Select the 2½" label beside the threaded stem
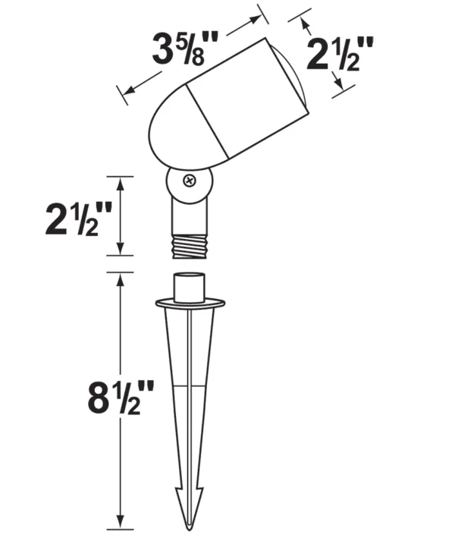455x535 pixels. (79, 219)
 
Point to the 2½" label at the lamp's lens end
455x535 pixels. (340, 54)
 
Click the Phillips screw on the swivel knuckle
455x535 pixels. (190, 181)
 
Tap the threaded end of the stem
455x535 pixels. (190, 247)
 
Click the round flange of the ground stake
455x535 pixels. (190, 303)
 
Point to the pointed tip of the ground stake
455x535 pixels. (190, 528)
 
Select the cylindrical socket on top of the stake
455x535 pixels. (190, 288)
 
